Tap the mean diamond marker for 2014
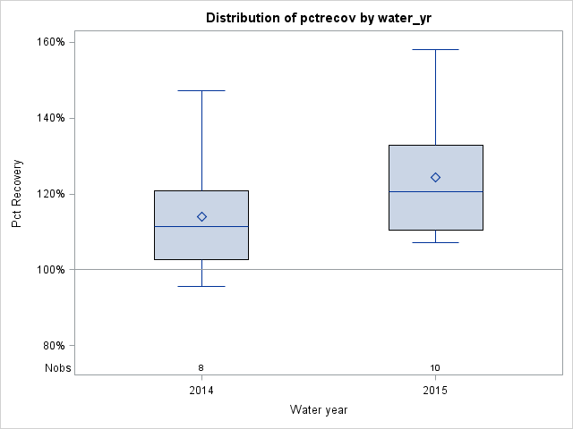click(201, 216)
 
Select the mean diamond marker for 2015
click(435, 177)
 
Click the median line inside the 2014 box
click(201, 226)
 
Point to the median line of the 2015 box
click(435, 191)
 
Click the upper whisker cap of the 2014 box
click(201, 90)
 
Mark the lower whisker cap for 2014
click(201, 286)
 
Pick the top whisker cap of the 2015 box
click(435, 49)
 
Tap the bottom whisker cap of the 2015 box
click(435, 242)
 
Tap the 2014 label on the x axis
click(201, 391)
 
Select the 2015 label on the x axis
click(435, 391)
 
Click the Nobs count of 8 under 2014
click(201, 367)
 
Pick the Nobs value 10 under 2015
click(435, 367)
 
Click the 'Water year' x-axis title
click(319, 410)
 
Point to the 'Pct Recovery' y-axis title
click(17, 194)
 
